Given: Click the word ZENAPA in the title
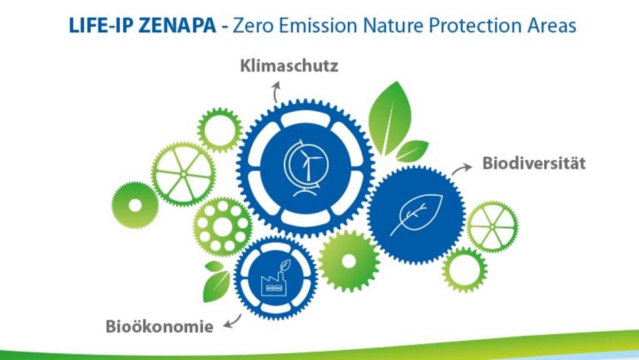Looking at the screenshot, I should [186, 26].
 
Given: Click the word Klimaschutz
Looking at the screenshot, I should [289, 67].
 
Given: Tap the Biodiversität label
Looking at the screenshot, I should [533, 164].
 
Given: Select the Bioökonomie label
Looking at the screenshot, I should [159, 328].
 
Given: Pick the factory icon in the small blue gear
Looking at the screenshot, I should [275, 277].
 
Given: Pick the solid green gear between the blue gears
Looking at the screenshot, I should [348, 260].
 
